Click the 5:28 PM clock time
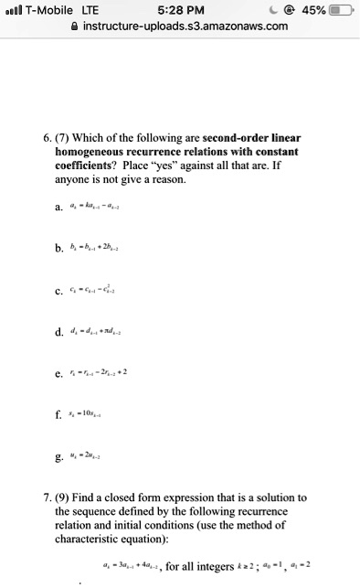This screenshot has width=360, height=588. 179,9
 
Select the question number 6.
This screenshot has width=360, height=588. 47,137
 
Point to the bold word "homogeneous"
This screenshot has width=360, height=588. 94,153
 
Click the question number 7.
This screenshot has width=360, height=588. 47,498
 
